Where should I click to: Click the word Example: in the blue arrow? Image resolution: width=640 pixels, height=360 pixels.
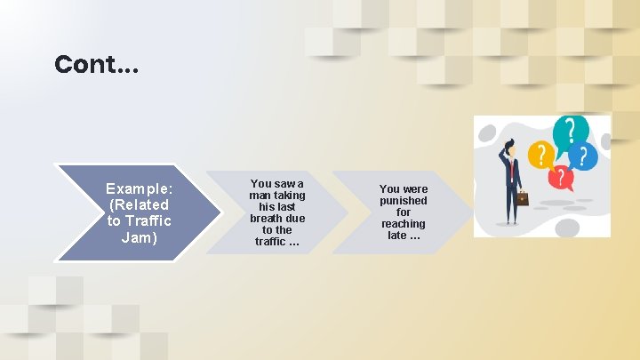click(139, 188)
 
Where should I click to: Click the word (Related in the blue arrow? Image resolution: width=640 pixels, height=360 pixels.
click(139, 204)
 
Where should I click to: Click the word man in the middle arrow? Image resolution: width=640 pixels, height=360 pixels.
click(260, 196)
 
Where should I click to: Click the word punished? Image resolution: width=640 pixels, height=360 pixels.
click(404, 201)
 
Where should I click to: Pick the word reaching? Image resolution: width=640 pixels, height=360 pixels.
click(404, 224)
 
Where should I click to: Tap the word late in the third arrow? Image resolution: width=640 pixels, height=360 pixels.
click(396, 236)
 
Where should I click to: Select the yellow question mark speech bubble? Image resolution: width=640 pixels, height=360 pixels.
click(538, 156)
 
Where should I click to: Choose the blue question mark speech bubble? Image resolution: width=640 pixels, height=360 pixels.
click(583, 156)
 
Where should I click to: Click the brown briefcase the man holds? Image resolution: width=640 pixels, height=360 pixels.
click(523, 198)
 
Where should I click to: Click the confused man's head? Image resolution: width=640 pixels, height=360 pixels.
click(509, 148)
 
